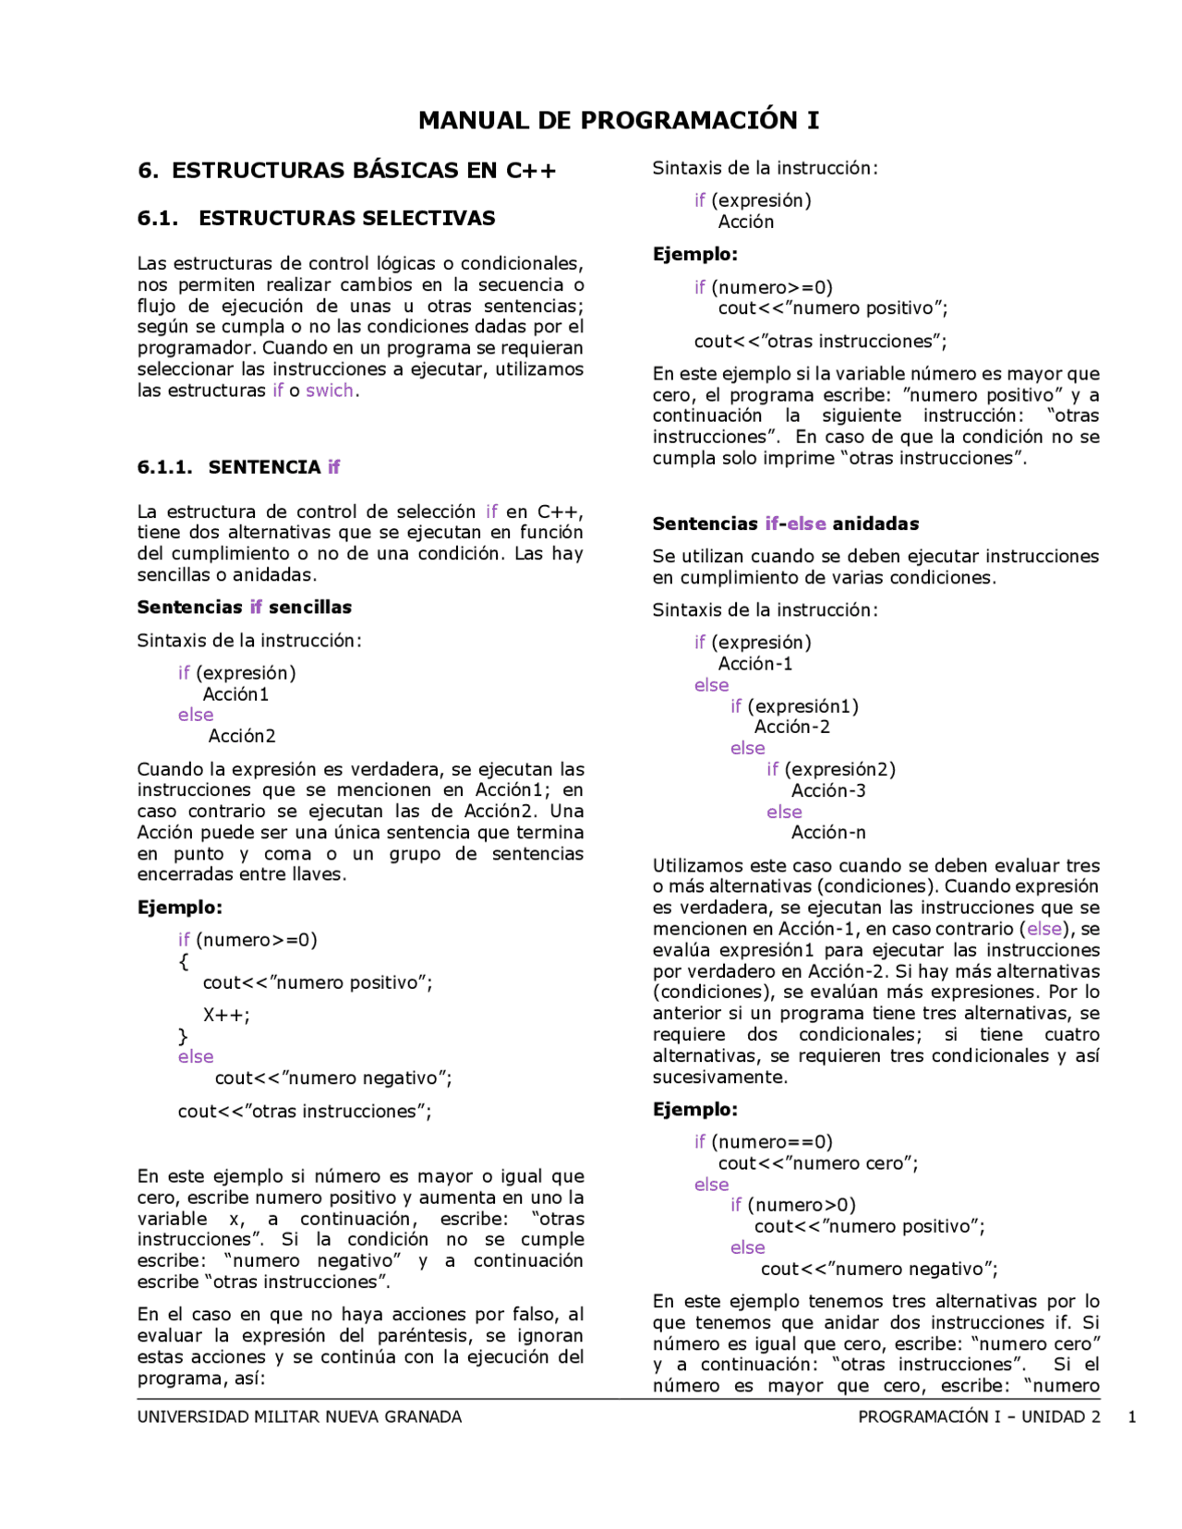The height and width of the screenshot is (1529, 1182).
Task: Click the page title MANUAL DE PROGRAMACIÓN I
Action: (x=618, y=121)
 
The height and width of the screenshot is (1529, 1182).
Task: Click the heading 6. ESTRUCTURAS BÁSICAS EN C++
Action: (x=346, y=171)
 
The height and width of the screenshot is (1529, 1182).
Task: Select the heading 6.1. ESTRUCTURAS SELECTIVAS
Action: (x=316, y=219)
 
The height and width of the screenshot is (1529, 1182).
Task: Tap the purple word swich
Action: (x=330, y=391)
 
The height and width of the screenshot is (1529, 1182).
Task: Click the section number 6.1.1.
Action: (x=164, y=467)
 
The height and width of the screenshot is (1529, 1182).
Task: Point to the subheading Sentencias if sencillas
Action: (x=244, y=608)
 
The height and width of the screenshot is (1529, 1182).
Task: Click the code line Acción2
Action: (x=242, y=737)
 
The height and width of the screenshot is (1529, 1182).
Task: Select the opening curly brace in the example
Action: (x=184, y=961)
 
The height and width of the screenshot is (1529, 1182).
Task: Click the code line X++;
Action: (x=226, y=1016)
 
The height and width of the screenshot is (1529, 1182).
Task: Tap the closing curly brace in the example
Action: (x=183, y=1037)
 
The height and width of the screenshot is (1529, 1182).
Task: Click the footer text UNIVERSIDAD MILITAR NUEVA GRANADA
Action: (x=299, y=1417)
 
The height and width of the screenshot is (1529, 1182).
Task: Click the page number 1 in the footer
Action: (x=1131, y=1417)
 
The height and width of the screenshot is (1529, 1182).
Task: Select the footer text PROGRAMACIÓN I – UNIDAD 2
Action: (x=979, y=1417)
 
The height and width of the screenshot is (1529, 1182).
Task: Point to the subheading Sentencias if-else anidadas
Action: (x=785, y=524)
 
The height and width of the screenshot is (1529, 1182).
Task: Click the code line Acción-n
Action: (x=828, y=833)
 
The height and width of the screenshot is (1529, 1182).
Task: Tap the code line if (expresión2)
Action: (x=830, y=770)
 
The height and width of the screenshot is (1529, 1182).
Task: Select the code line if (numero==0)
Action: (x=763, y=1142)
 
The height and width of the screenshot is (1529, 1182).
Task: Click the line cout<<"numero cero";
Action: (x=818, y=1163)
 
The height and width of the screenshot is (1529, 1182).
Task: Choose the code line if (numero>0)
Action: (x=792, y=1206)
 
